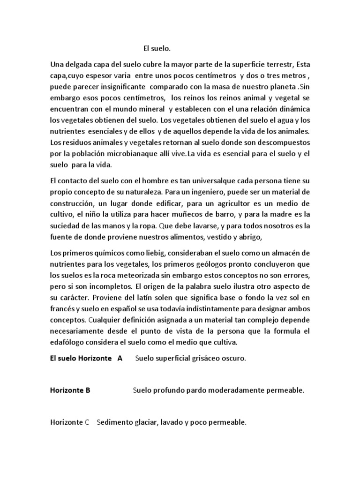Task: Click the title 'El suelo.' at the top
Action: click(x=157, y=48)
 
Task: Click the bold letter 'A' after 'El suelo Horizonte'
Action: click(x=120, y=359)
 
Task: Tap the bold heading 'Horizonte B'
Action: click(x=70, y=390)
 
